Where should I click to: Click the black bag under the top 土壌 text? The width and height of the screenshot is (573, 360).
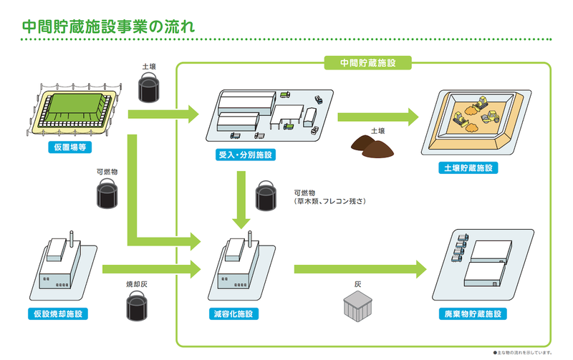[149, 89]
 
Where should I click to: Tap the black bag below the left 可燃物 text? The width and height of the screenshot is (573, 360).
[107, 194]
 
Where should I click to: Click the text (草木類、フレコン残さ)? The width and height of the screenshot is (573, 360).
[329, 203]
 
